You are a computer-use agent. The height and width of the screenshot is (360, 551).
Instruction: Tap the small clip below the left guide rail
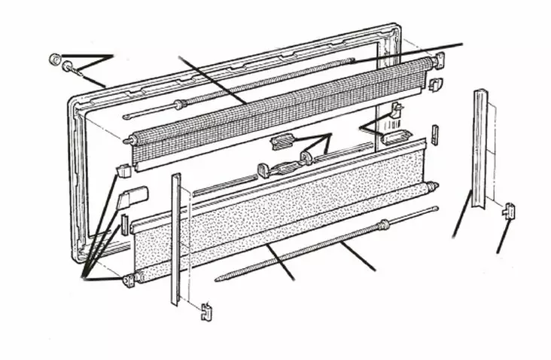(205, 309)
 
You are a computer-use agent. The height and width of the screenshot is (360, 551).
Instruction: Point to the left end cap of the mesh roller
(132, 141)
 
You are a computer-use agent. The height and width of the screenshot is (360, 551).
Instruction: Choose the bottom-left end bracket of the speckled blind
(126, 281)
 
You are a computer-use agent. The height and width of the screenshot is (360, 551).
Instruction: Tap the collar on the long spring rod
(385, 222)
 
